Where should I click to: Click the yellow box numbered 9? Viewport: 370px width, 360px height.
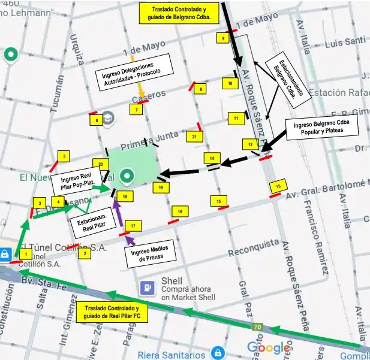click(x=224, y=38)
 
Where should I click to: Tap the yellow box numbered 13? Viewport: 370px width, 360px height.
click(x=276, y=187)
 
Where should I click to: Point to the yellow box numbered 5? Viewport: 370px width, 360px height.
click(x=63, y=156)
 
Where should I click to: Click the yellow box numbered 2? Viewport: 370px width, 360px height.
click(x=85, y=253)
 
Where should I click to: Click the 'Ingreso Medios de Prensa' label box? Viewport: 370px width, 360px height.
click(x=150, y=252)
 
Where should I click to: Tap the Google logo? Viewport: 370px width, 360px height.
click(x=269, y=347)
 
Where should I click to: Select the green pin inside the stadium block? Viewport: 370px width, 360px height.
click(x=127, y=176)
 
